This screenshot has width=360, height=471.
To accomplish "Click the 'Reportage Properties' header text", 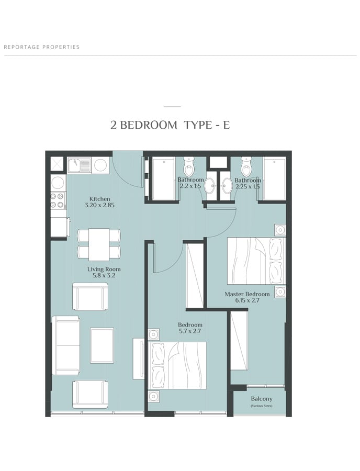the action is [42, 47].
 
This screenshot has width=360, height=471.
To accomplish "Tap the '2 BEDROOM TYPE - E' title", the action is [170, 125].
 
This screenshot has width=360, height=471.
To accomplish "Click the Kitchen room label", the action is [100, 199].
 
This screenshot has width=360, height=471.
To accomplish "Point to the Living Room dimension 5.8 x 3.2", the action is [104, 275].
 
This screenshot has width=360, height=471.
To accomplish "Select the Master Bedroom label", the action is [247, 294].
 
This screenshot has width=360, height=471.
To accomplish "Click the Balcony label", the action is [262, 399].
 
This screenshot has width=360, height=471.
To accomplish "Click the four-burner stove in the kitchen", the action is [58, 200].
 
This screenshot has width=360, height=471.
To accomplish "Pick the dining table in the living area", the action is [99, 244].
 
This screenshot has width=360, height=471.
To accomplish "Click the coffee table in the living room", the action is [102, 346].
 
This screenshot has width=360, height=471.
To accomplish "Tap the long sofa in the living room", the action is [66, 345].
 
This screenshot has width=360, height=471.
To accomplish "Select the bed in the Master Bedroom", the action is [256, 261].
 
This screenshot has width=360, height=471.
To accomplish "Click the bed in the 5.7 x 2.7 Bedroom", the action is [177, 365].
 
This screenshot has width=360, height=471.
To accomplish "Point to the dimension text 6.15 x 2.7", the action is [247, 300].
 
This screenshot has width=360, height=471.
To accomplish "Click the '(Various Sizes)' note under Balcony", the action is [262, 406].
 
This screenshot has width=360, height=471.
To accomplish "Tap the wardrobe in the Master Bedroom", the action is [239, 341].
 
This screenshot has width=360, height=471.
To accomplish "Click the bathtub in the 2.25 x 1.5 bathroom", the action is [274, 178].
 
